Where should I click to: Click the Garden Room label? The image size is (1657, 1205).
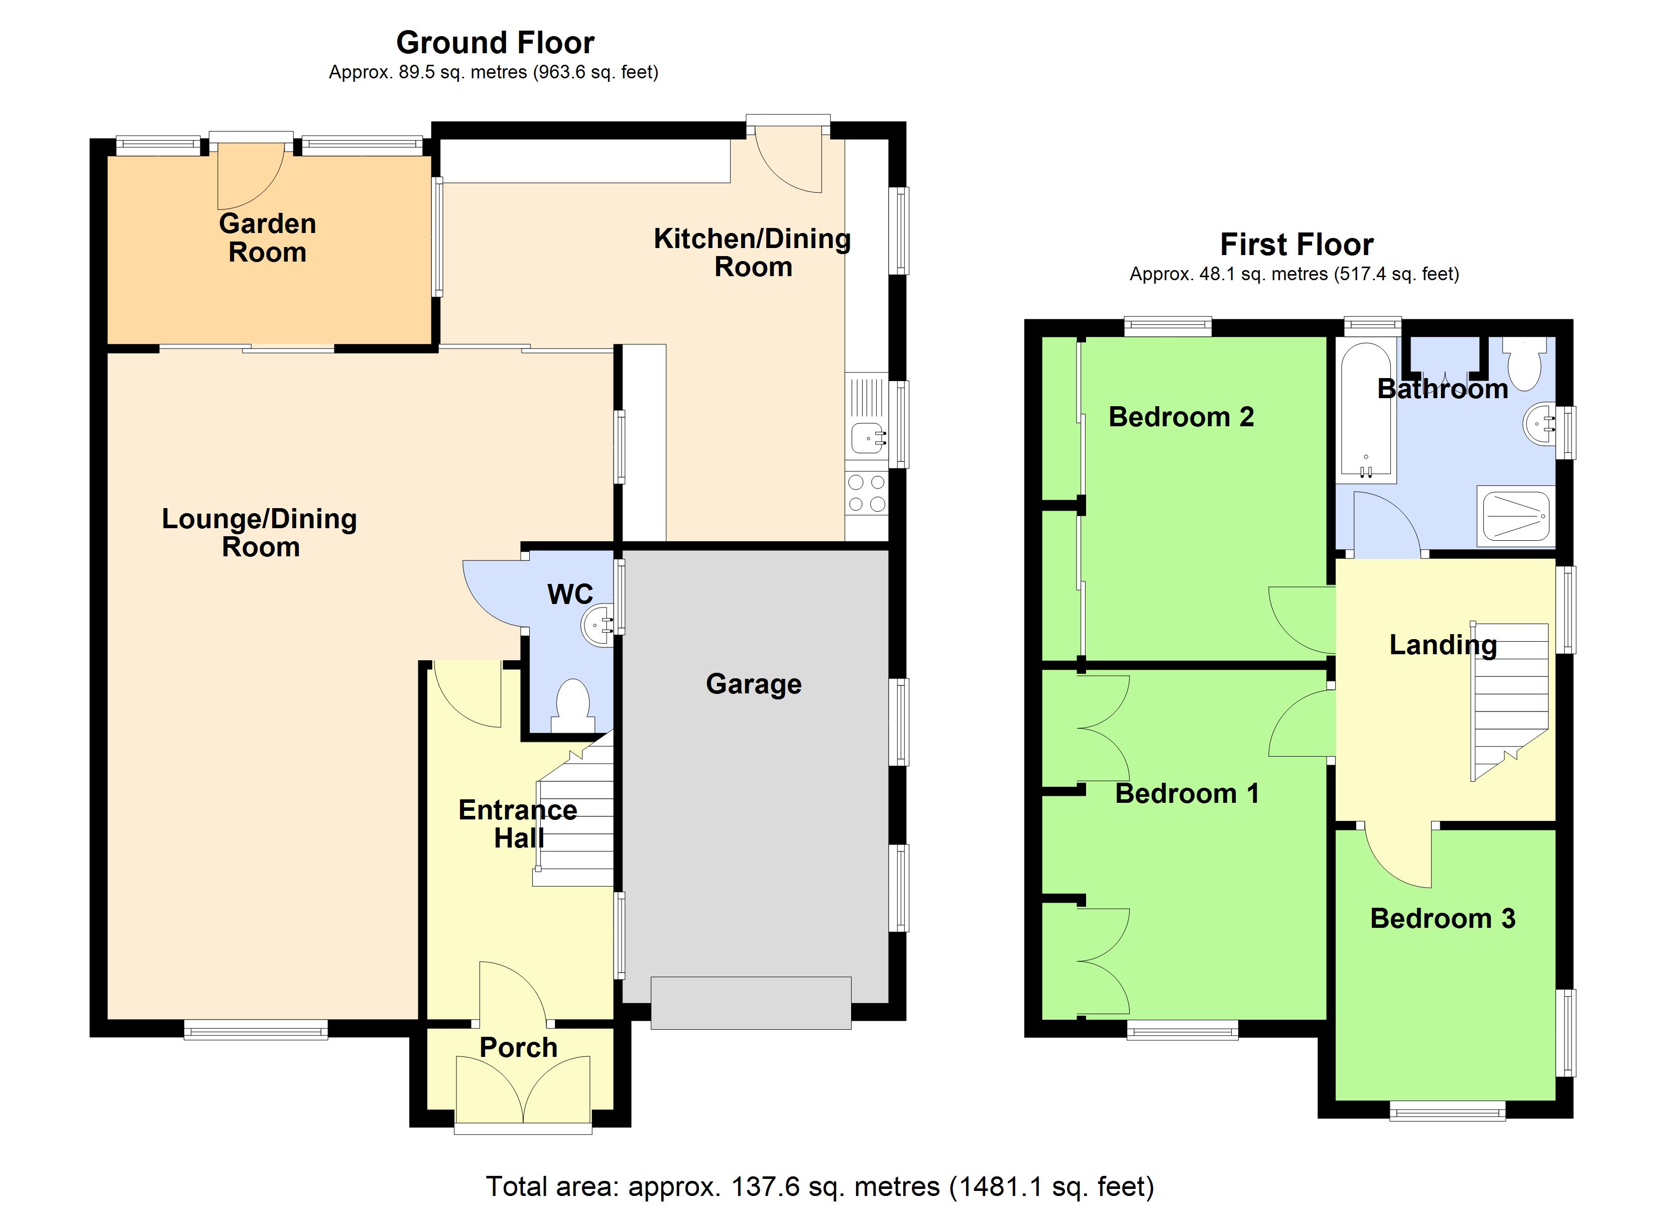pyautogui.click(x=268, y=237)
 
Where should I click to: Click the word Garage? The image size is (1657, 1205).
pyautogui.click(x=753, y=684)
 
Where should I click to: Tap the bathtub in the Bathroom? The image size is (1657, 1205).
pyautogui.click(x=1365, y=411)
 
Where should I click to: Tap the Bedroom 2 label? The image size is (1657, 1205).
pyautogui.click(x=1180, y=417)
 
